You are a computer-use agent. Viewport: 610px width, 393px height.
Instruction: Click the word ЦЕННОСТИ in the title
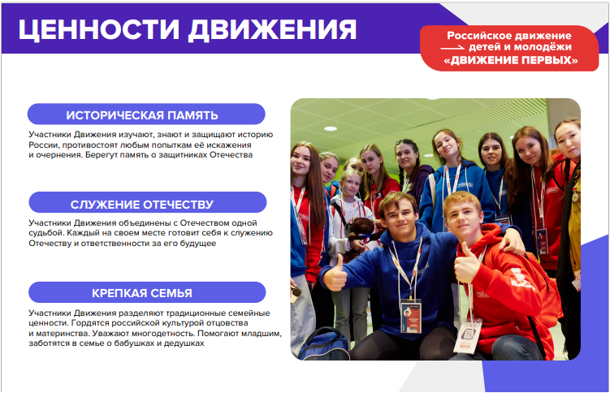(x=99, y=29)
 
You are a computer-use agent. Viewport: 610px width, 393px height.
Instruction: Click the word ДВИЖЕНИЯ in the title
(x=272, y=29)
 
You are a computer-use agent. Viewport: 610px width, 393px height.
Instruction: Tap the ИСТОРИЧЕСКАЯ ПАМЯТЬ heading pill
(x=146, y=114)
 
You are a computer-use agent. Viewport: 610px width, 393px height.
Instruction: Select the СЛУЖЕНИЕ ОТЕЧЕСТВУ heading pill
(x=148, y=203)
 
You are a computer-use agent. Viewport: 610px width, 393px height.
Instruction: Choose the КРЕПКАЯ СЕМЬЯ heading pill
(x=147, y=292)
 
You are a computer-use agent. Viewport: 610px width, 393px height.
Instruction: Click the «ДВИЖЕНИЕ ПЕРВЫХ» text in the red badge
(x=511, y=60)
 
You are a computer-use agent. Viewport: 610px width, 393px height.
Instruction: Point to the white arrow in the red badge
(x=452, y=48)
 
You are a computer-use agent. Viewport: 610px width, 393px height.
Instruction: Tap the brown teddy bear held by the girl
(x=361, y=236)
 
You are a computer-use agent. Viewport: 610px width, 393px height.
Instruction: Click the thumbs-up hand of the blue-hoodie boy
(x=335, y=274)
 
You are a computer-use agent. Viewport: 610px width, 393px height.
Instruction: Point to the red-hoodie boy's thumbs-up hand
(x=466, y=264)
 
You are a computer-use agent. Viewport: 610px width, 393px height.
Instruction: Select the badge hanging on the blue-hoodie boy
(x=411, y=317)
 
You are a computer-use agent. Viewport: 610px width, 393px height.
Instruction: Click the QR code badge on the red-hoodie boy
(x=468, y=335)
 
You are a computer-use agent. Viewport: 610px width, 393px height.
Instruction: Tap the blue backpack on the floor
(x=324, y=344)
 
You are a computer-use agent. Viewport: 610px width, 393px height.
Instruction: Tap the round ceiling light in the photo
(x=331, y=128)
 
